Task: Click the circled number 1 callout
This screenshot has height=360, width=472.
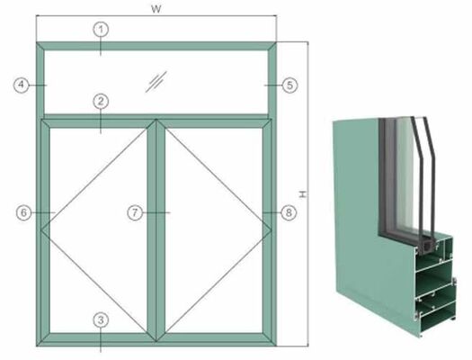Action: pyautogui.click(x=102, y=29)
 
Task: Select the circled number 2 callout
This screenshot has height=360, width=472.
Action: pyautogui.click(x=102, y=103)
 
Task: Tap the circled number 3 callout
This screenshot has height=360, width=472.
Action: pyautogui.click(x=102, y=319)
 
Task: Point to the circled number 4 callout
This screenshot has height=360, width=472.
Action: pyautogui.click(x=22, y=85)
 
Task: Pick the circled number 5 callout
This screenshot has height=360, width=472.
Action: pyautogui.click(x=289, y=85)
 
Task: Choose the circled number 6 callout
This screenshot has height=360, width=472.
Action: pyautogui.click(x=26, y=212)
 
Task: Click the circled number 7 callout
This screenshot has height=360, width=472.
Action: pyautogui.click(x=135, y=212)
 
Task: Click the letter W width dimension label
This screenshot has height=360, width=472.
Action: pyautogui.click(x=157, y=8)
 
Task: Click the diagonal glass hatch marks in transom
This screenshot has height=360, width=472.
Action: pyautogui.click(x=156, y=80)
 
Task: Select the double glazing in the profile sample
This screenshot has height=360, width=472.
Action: pyautogui.click(x=418, y=180)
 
